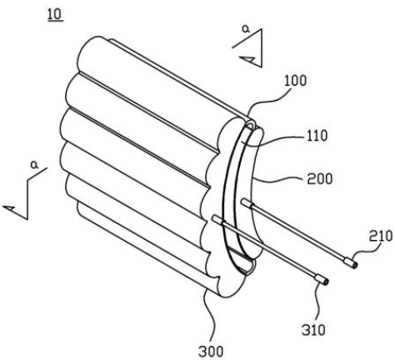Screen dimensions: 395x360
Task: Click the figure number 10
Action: pyautogui.click(x=55, y=14)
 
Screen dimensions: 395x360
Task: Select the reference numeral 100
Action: pyautogui.click(x=295, y=81)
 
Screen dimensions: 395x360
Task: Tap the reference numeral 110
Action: pyautogui.click(x=316, y=136)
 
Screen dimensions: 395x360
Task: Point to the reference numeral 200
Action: pyautogui.click(x=319, y=179)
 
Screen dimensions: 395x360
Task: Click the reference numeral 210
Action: pyautogui.click(x=381, y=236)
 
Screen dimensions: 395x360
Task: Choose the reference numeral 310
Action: pyautogui.click(x=313, y=330)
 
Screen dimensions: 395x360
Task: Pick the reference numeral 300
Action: pyautogui.click(x=211, y=352)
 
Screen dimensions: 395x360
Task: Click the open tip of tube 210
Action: pyautogui.click(x=354, y=265)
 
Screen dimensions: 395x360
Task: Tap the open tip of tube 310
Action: pyautogui.click(x=326, y=282)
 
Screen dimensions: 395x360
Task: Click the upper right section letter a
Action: pyautogui.click(x=246, y=29)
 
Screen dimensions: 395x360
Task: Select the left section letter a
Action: pyautogui.click(x=35, y=165)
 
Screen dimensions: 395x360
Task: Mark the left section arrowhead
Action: pyautogui.click(x=11, y=207)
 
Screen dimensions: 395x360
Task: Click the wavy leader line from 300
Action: pyautogui.click(x=210, y=317)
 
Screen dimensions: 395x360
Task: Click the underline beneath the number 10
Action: pyautogui.click(x=55, y=21)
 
